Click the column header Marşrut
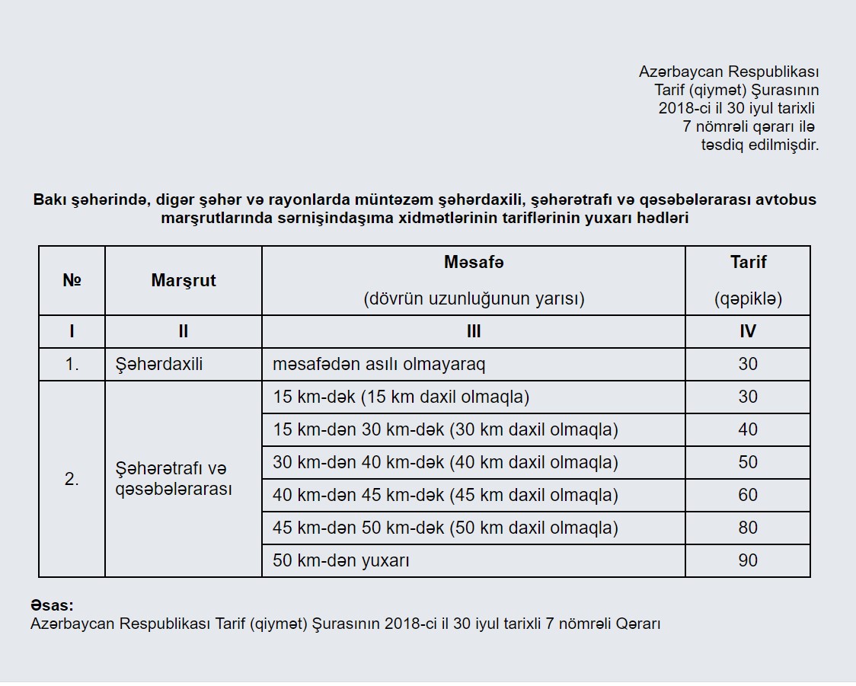point(184,280)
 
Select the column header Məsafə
point(474,262)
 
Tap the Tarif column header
point(748,262)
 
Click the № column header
point(72,280)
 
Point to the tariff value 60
point(748,495)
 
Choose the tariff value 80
point(748,528)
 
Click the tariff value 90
point(748,560)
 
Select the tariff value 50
point(748,462)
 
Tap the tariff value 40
point(748,429)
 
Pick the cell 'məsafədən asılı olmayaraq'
point(378,364)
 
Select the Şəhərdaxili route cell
point(158,364)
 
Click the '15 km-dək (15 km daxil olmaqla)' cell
point(401,397)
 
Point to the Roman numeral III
point(474,331)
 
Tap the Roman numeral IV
point(748,331)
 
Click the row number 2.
point(72,480)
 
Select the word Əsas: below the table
point(52,606)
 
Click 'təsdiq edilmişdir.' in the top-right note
point(759,145)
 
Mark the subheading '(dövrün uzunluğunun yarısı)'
point(474,298)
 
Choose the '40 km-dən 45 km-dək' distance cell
point(446,495)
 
